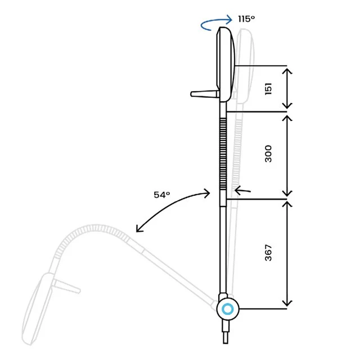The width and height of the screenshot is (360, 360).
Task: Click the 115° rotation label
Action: pos(246,19)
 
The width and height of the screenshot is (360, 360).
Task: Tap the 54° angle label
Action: pos(162,195)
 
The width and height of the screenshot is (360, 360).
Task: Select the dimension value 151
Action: pos(268,89)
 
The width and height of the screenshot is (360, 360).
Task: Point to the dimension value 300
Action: pos(268,154)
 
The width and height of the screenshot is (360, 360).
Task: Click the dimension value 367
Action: pos(268,253)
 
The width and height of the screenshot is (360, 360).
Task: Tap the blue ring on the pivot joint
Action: pos(228,309)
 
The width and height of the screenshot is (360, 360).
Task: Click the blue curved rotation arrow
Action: pos(216,22)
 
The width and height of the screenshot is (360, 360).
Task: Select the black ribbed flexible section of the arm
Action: pos(223,154)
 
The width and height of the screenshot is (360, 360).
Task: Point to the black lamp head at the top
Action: pos(226,64)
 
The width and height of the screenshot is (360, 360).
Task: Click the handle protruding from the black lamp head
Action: pos(205,94)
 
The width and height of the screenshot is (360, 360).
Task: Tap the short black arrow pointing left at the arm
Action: pos(242,190)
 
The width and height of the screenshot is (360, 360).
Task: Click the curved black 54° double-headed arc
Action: pos(169,206)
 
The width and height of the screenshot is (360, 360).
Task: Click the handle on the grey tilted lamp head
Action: pos(66,285)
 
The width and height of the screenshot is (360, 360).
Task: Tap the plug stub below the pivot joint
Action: pos(226,332)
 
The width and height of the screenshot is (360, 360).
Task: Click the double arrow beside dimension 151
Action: pos(287,89)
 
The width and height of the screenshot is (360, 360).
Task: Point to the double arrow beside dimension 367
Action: pos(287,254)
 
